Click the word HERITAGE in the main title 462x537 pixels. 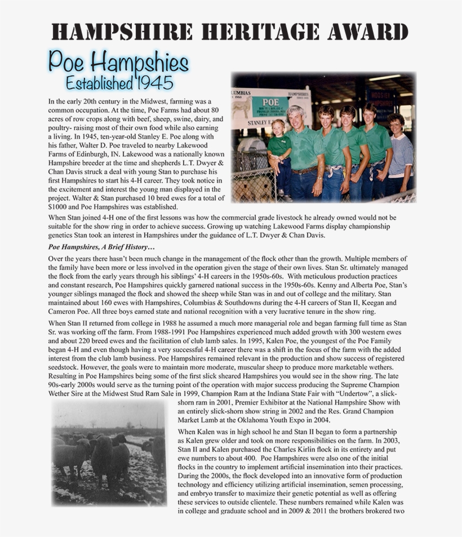265,32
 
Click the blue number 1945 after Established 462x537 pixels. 154,83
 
